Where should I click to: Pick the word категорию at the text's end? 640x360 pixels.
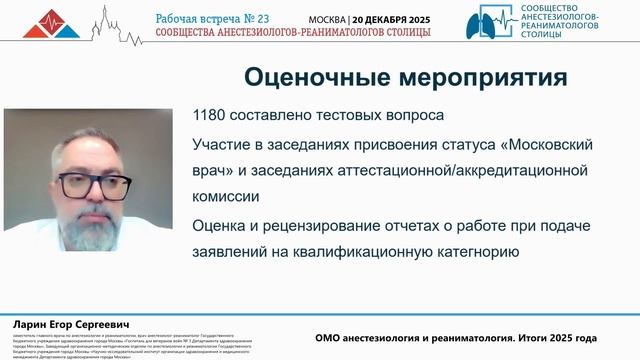470,252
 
